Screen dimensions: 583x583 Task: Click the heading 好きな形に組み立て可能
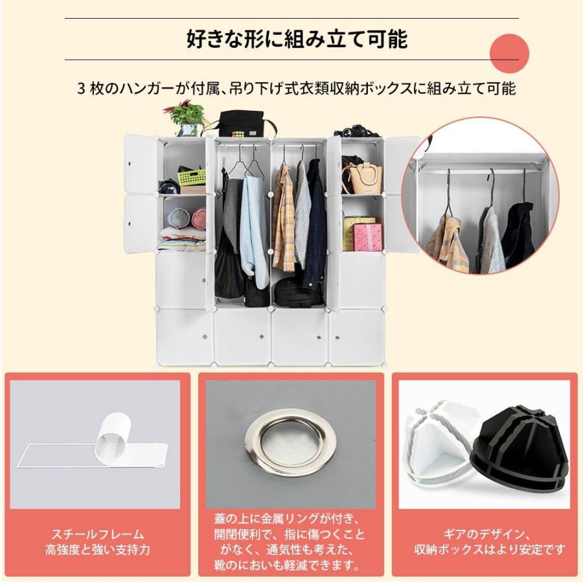[x=297, y=40]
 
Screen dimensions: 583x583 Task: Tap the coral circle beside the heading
[x=509, y=54]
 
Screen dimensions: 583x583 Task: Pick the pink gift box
[x=367, y=237]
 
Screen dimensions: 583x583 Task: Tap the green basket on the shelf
[x=192, y=176]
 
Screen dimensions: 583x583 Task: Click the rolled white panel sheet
[x=114, y=437]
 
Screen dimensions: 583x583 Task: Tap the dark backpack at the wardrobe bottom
[x=298, y=293]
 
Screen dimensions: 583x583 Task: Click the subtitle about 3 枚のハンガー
[x=296, y=89]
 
